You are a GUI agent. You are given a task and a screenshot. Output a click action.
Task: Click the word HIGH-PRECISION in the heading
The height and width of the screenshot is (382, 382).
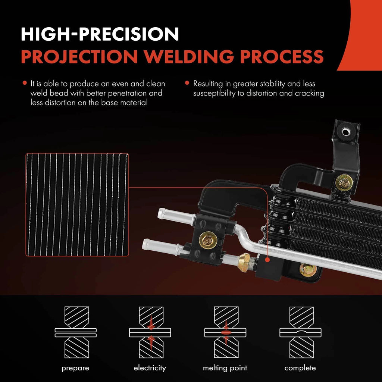(100, 34)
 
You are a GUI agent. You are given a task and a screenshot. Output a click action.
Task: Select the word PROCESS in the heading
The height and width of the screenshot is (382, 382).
(282, 56)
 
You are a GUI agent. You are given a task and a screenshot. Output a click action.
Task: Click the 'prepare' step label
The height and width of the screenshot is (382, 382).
(75, 368)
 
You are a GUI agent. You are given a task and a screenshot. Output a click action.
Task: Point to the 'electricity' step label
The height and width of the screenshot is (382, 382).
(150, 367)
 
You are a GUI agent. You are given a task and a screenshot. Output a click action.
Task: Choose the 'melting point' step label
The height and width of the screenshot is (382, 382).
(225, 368)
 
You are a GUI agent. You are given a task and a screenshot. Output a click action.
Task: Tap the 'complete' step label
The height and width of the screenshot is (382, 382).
(300, 368)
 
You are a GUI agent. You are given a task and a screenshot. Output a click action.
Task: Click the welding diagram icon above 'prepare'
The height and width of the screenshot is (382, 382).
(75, 332)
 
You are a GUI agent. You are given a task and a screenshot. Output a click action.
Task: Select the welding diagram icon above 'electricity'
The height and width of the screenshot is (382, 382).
(150, 332)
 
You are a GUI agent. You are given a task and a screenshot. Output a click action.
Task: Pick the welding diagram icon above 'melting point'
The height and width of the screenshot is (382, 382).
(225, 332)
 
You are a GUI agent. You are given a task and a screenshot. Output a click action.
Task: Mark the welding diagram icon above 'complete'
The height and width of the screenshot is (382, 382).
(300, 332)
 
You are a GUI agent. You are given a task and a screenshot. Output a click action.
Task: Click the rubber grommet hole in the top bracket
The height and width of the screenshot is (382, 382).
(346, 132)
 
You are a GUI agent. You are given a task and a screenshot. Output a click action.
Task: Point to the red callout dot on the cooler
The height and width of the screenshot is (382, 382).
(267, 260)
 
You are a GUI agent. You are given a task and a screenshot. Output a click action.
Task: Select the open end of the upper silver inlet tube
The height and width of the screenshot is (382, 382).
(160, 213)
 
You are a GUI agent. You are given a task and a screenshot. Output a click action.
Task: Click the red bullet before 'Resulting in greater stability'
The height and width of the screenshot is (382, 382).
(187, 83)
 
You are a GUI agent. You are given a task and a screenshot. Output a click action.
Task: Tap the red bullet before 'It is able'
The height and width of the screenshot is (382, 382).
(24, 83)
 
